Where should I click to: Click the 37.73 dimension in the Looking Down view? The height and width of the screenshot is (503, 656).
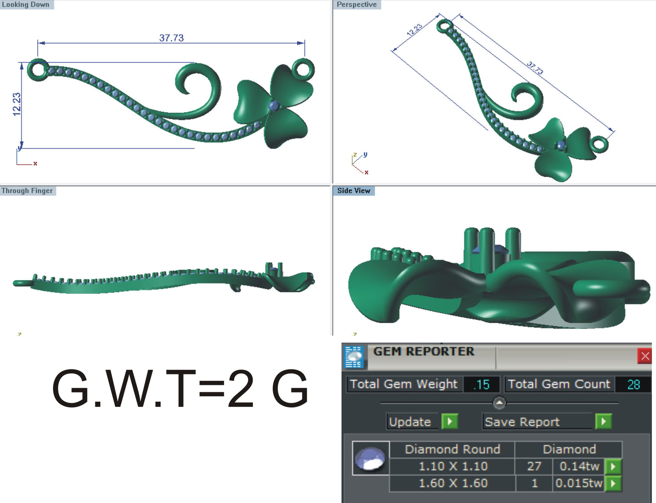(171, 38)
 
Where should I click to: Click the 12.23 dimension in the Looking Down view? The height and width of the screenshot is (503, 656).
(17, 104)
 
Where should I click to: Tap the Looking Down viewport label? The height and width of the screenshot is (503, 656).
(26, 5)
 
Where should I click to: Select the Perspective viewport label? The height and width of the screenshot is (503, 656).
(357, 5)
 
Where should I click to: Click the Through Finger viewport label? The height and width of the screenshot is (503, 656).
(27, 191)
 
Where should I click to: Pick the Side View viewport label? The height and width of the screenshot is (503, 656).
(354, 191)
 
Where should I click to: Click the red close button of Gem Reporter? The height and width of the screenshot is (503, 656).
(645, 356)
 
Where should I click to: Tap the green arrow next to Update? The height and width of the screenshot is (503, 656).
(449, 421)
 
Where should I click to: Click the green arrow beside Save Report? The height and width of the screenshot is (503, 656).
(603, 421)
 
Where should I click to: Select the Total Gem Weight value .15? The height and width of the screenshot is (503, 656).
(482, 385)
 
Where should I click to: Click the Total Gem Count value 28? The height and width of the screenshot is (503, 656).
(633, 385)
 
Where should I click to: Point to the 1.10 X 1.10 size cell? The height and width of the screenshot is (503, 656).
(453, 466)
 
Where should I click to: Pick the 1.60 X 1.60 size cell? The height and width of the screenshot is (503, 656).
(453, 483)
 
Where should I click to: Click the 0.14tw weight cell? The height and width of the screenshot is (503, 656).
(579, 466)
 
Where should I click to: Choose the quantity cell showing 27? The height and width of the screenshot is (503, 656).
(534, 466)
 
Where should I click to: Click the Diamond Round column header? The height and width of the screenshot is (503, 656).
(452, 449)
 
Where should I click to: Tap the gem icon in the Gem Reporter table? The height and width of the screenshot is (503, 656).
(371, 458)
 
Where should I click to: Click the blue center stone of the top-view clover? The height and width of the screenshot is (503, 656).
(274, 106)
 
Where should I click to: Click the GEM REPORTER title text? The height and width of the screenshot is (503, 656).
(424, 351)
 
